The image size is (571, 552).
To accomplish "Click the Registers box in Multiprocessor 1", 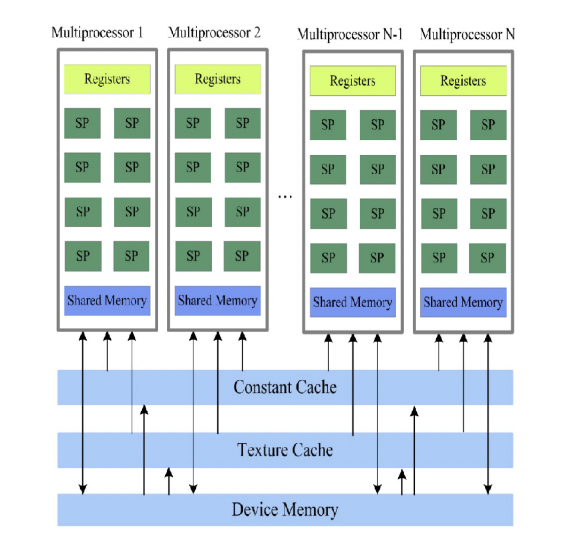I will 107,79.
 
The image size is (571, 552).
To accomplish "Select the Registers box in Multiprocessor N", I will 463,81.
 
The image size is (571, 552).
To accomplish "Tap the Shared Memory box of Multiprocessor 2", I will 217,301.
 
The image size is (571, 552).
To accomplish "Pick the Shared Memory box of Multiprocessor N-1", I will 353,302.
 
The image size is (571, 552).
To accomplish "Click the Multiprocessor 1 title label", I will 97,33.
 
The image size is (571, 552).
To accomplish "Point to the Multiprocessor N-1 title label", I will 350,35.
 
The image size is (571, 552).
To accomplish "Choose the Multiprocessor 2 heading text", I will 214,33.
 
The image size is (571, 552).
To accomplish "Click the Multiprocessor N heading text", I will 467,35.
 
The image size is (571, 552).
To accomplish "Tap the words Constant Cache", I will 285,387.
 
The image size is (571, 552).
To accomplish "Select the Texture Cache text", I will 285,450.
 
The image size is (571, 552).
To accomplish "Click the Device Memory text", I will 285,509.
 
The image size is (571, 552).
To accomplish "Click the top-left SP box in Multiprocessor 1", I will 82,123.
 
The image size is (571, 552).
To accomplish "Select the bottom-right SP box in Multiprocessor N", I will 487,258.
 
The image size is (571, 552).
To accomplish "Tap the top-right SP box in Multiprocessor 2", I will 242,123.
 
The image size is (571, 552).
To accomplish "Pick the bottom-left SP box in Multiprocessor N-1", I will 328,258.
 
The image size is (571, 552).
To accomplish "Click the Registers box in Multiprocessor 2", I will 217,79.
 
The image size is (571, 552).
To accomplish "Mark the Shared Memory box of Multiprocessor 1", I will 107,301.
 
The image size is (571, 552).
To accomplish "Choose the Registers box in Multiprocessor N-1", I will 353,81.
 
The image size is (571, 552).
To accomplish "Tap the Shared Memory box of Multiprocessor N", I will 463,302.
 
